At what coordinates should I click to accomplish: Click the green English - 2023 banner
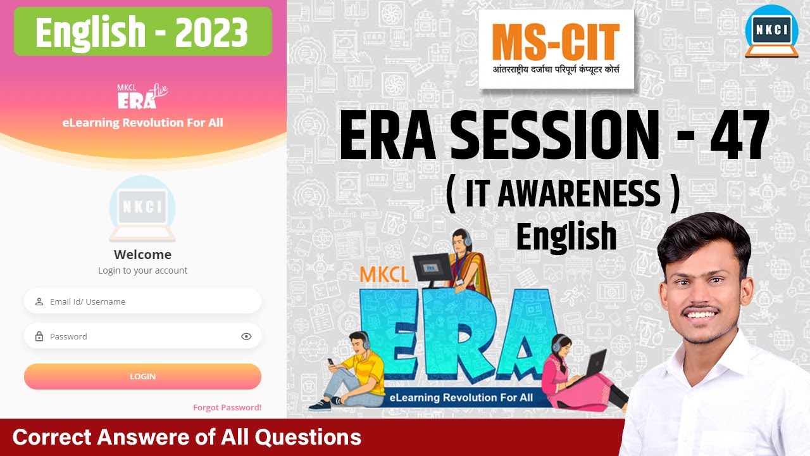[142, 32]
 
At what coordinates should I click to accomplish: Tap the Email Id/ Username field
[142, 301]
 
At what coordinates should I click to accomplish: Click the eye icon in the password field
[246, 336]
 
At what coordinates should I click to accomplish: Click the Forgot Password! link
[227, 407]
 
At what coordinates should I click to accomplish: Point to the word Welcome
[142, 255]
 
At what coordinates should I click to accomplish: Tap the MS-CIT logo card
[556, 50]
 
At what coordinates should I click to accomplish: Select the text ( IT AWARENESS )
[563, 194]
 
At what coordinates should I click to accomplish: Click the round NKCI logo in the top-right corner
[771, 32]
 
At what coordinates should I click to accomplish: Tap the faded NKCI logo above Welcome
[142, 209]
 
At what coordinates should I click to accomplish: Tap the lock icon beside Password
[39, 336]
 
